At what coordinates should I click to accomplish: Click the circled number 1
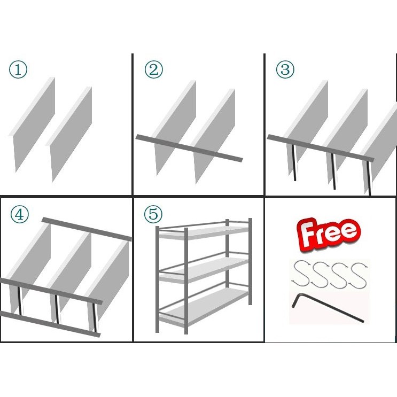pos(18,69)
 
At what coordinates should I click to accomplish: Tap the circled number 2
pos(154,69)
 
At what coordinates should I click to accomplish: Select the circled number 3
pos(285,69)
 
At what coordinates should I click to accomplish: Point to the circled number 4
pos(19,214)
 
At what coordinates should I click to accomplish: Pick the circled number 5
pos(153,214)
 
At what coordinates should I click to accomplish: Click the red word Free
pos(329,235)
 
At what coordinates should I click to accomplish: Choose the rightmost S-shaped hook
pos(358,276)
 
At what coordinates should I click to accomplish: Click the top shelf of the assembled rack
pos(204,232)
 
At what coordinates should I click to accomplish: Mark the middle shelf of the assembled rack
pos(204,270)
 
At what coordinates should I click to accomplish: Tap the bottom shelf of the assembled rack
pos(204,307)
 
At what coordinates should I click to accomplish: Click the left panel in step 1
pos(32,124)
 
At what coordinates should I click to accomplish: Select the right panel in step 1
pos(69,134)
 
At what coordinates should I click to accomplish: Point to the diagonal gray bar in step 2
pos(189,149)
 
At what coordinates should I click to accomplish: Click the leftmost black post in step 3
pos(294,162)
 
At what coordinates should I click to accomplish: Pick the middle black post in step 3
pos(333,171)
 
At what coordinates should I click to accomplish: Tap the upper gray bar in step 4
pos(87,229)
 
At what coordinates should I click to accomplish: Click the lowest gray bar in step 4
pos(50,324)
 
